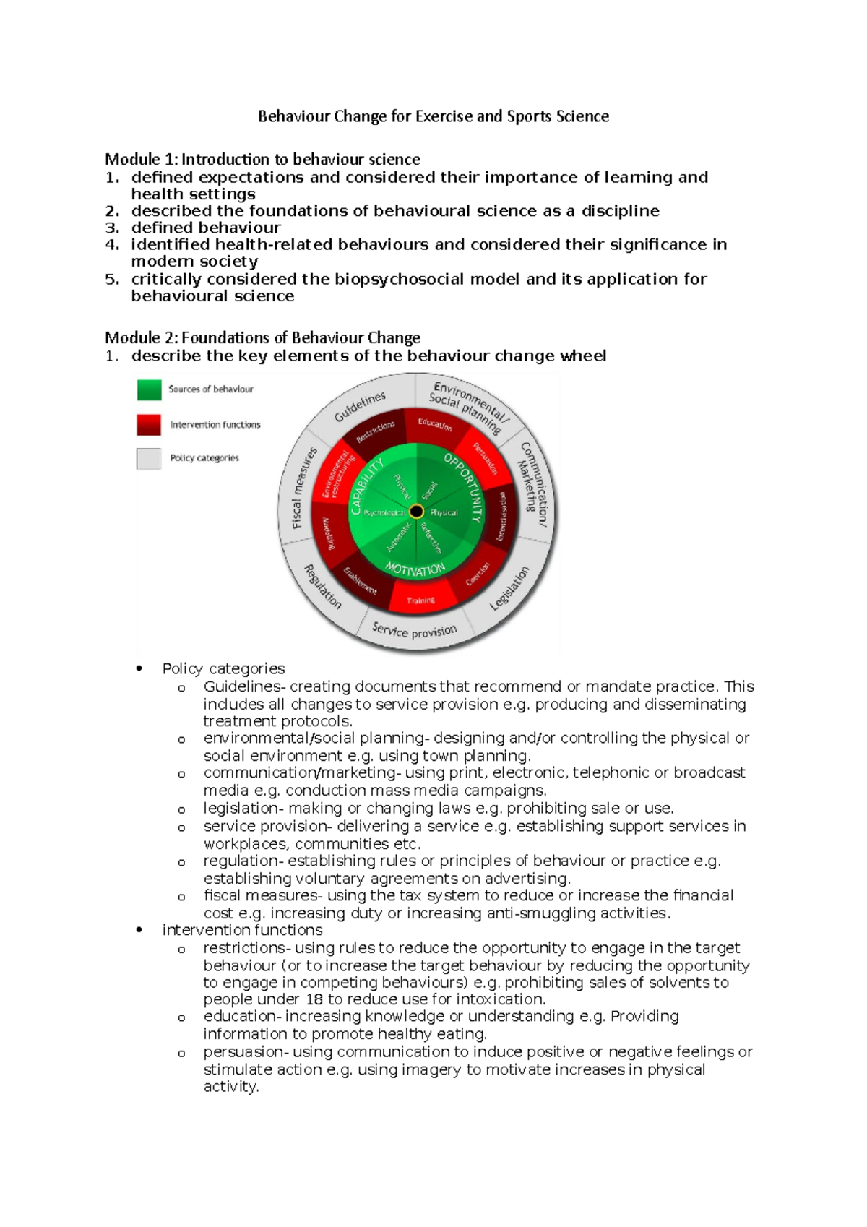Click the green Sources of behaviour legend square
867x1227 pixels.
pos(150,389)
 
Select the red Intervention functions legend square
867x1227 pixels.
pos(150,424)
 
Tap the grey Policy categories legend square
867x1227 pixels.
pos(149,458)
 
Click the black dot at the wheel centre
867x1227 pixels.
pos(416,512)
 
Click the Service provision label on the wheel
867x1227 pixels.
pos(414,632)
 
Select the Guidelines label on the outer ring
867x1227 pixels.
pos(360,408)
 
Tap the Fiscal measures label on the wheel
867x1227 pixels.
pos(303,488)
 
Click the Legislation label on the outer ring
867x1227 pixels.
pos(509,588)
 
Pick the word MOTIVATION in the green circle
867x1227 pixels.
pos(415,569)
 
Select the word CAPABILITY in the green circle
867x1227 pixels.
pos(366,488)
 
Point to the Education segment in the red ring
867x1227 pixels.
pos(435,425)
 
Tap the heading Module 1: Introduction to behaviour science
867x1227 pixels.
pos(262,159)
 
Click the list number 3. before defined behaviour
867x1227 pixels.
pos(111,228)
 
